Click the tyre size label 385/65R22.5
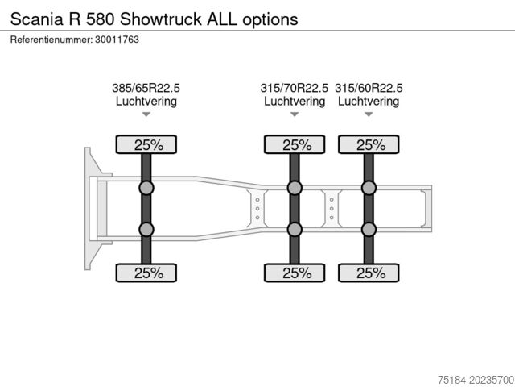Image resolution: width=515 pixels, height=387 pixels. (146, 88)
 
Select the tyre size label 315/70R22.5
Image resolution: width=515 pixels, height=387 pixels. (295, 88)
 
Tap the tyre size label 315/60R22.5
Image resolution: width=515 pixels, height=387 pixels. (369, 88)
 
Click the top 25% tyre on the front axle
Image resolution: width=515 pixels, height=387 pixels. (146, 144)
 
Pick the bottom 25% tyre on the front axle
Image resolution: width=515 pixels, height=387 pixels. (146, 273)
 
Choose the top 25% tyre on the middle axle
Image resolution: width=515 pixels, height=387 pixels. (295, 144)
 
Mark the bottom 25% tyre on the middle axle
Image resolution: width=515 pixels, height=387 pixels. (295, 273)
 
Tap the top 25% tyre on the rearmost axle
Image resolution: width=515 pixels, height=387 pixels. (369, 144)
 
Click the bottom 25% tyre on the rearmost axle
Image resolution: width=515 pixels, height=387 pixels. (369, 273)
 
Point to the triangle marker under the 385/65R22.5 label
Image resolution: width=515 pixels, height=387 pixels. (146, 114)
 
